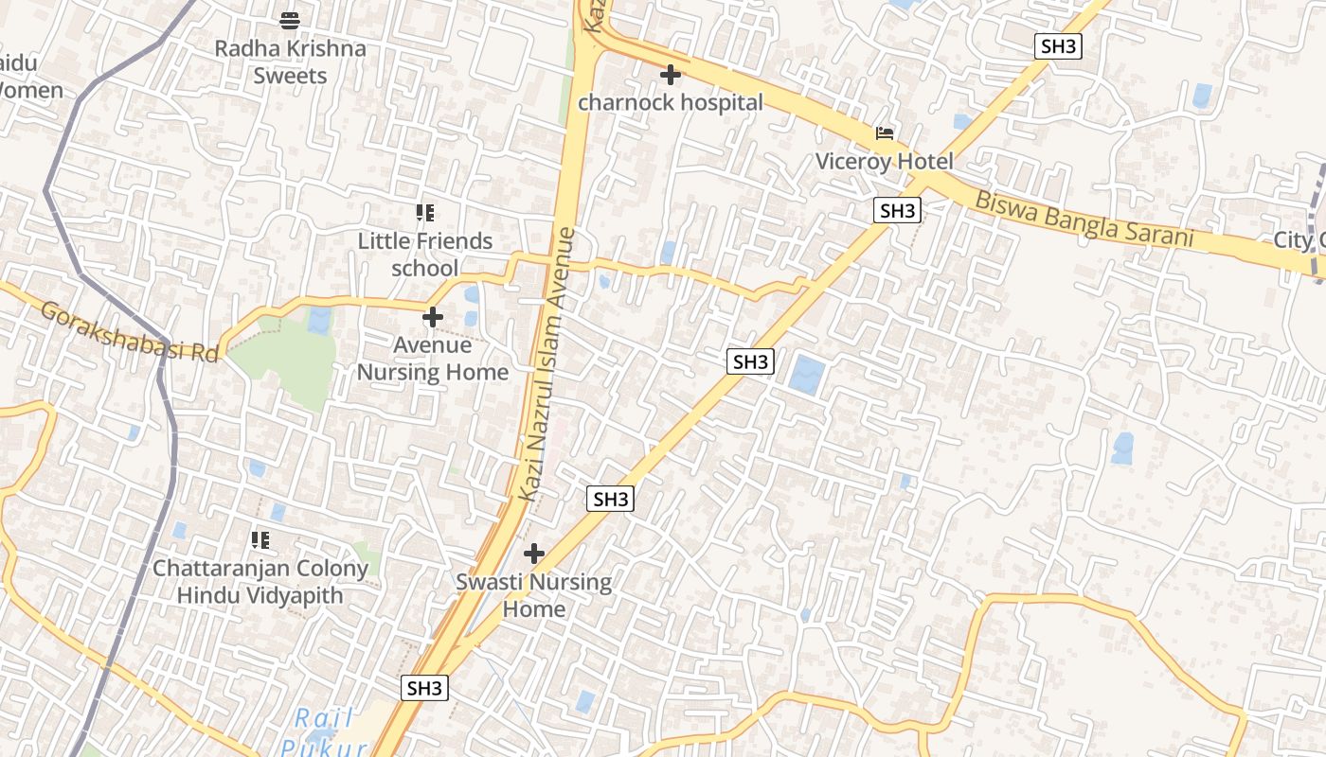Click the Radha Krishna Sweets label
click(x=290, y=62)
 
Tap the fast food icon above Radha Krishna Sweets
click(x=290, y=19)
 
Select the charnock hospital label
click(x=670, y=102)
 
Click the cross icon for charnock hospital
click(x=671, y=74)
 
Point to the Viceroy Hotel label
click(x=885, y=162)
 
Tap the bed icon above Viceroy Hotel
click(x=885, y=133)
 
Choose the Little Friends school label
click(x=425, y=255)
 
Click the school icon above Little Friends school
click(x=425, y=213)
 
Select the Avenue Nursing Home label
click(x=433, y=359)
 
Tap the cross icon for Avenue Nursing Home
click(x=433, y=317)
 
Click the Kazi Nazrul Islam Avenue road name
click(x=547, y=364)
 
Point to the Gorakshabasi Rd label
click(x=130, y=331)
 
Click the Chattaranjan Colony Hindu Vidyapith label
click(x=260, y=582)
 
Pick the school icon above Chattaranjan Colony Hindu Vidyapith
click(x=260, y=540)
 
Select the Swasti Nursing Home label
click(x=534, y=595)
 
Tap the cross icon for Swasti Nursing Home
click(x=534, y=554)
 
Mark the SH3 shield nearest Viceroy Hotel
click(x=897, y=211)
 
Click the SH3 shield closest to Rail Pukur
click(x=424, y=688)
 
